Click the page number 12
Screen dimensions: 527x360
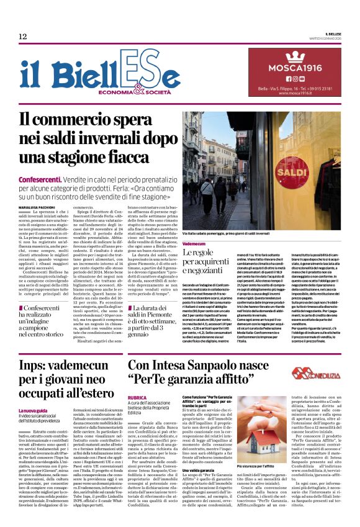(22, 37)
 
